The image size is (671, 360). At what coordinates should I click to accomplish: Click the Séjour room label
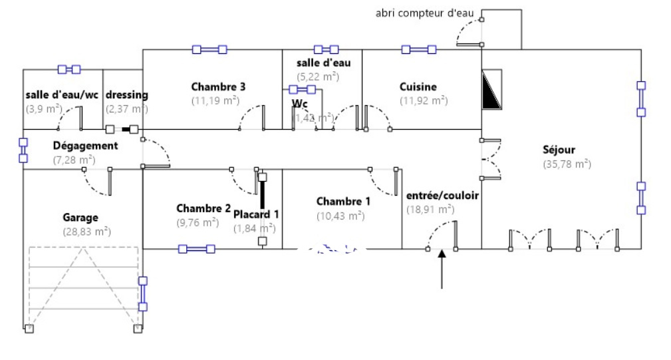point(559,150)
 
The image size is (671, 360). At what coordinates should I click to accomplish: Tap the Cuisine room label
point(418,87)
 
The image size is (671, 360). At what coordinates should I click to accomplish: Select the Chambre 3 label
point(219,87)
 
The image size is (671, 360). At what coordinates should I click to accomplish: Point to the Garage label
point(80,217)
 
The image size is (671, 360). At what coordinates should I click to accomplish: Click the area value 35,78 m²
point(567,164)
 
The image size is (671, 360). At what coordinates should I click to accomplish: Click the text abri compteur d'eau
point(426,13)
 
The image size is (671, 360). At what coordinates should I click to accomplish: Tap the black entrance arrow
point(442,270)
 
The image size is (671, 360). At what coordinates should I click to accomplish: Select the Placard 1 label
point(256,214)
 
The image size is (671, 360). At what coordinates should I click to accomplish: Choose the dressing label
point(126,94)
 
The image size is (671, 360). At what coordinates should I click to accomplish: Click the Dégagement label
point(85,145)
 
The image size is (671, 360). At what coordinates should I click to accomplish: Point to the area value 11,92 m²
point(423,100)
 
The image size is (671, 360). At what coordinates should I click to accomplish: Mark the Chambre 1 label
point(344,201)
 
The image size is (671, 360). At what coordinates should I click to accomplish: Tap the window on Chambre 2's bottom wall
point(196,249)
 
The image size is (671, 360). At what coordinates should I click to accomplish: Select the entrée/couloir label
point(442,195)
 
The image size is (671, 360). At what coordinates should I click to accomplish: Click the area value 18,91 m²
point(430,209)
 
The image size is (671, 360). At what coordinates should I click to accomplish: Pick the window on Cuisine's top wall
point(419,49)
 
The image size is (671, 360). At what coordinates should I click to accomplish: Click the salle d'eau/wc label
point(62,94)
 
